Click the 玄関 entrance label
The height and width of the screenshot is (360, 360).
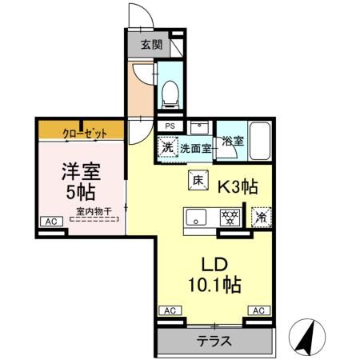pyautogui.click(x=150, y=44)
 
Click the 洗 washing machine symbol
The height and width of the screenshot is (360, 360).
pyautogui.click(x=167, y=146)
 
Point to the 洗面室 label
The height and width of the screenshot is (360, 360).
pyautogui.click(x=194, y=147)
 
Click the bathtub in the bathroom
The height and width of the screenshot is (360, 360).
pyautogui.click(x=262, y=138)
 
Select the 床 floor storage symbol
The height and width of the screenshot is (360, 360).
pyautogui.click(x=197, y=181)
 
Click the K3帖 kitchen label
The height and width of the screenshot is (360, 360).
pyautogui.click(x=237, y=187)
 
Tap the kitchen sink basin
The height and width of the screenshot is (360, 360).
pyautogui.click(x=197, y=217)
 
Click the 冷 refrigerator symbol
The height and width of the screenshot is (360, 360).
pyautogui.click(x=261, y=216)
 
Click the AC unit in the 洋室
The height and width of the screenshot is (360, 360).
pyautogui.click(x=50, y=222)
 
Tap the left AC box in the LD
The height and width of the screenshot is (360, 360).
pyautogui.click(x=169, y=310)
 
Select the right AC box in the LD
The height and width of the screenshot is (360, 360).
pyautogui.click(x=258, y=310)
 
